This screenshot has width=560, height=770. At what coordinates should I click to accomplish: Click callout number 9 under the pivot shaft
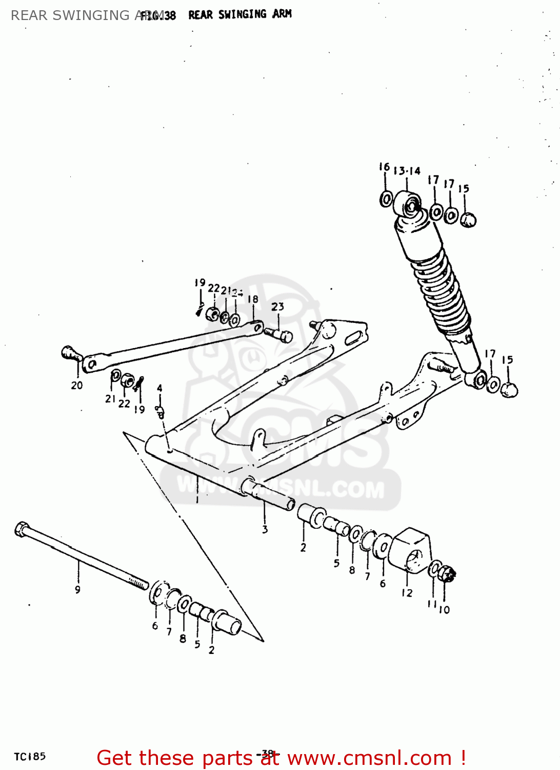[77, 590]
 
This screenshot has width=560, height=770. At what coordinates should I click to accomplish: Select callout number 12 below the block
[407, 593]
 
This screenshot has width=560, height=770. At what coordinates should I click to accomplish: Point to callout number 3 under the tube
[265, 529]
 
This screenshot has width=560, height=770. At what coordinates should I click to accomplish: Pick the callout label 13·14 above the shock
[407, 171]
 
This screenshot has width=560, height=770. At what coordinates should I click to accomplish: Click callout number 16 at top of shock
[384, 167]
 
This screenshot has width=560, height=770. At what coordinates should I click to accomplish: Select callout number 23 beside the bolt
[277, 306]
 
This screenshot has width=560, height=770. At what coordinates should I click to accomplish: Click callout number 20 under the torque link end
[76, 385]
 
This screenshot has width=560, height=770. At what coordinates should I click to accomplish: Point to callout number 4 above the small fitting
[159, 389]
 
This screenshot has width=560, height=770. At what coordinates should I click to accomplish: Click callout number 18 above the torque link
[253, 299]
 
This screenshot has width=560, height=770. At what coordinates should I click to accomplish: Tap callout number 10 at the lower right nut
[444, 610]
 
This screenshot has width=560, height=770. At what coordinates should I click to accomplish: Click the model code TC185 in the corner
[30, 757]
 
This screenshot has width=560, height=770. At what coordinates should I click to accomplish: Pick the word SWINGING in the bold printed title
[243, 14]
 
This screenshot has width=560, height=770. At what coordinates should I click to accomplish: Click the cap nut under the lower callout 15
[509, 390]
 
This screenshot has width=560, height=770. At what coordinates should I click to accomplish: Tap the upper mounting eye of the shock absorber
[409, 206]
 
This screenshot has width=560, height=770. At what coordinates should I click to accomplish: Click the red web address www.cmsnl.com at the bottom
[369, 758]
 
